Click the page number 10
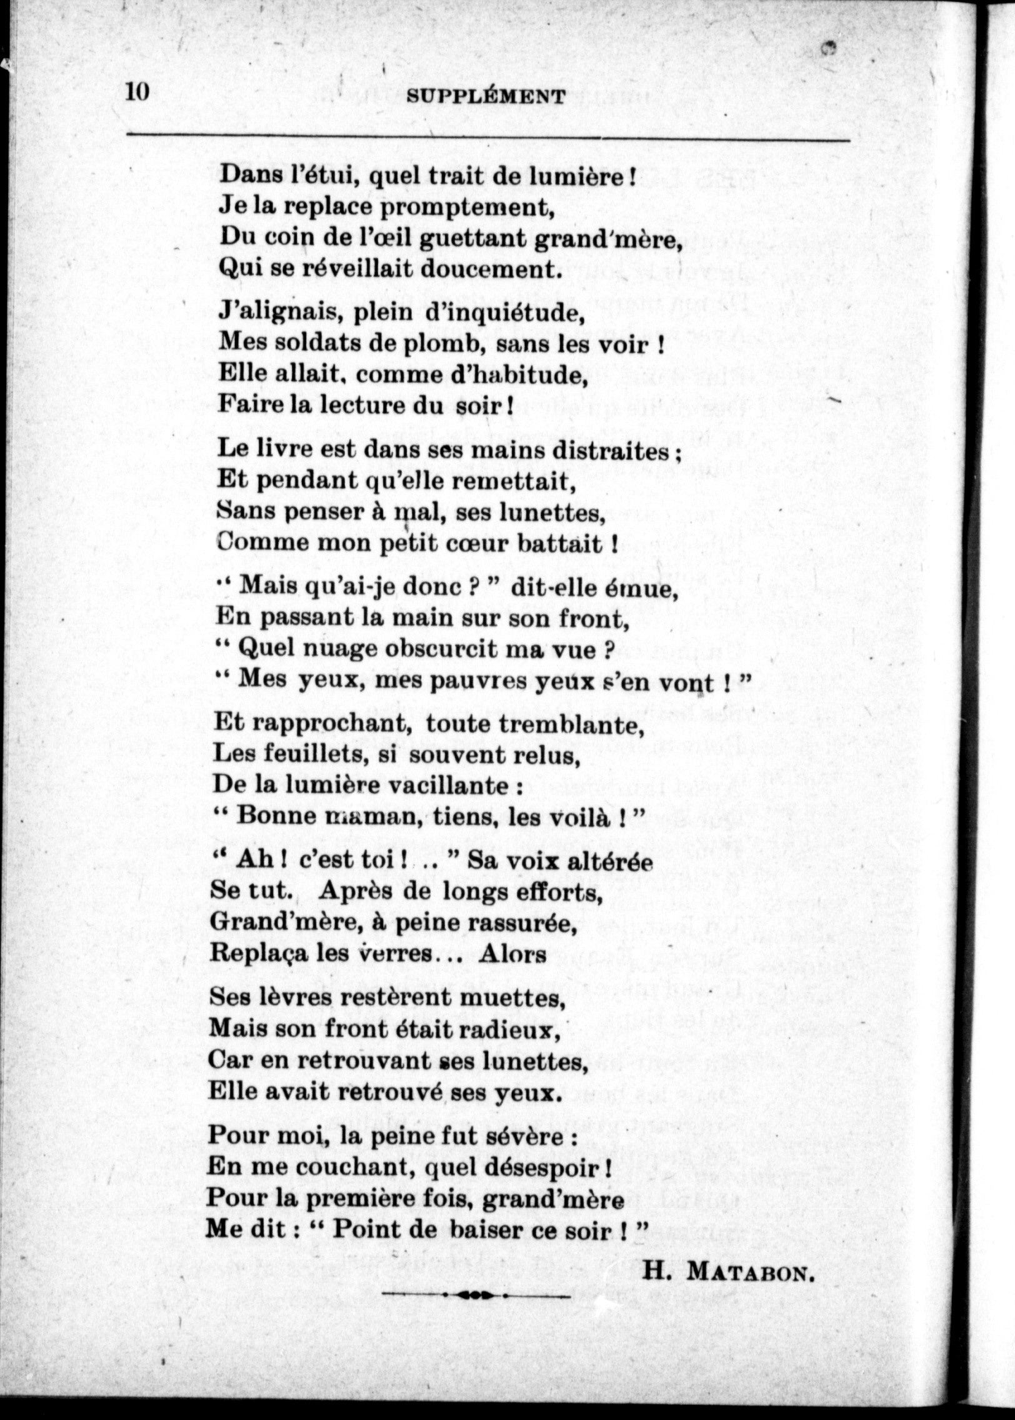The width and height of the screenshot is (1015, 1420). click(137, 92)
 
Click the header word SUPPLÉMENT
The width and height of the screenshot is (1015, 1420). click(486, 97)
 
